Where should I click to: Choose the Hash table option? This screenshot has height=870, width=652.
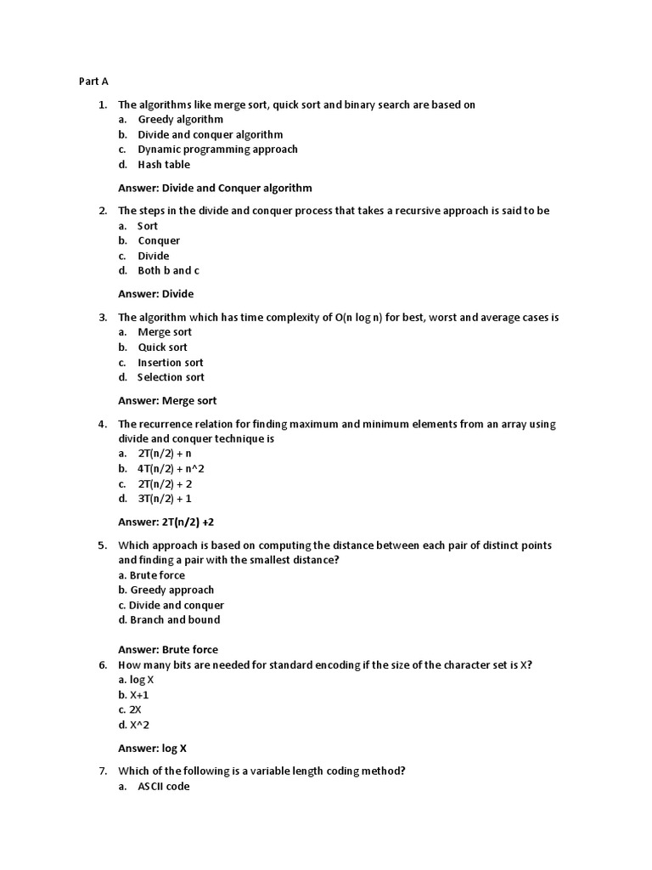click(164, 165)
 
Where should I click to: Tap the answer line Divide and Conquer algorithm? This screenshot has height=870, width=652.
click(215, 188)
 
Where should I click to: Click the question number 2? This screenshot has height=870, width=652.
click(102, 211)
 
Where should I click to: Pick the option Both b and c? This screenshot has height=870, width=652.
click(168, 271)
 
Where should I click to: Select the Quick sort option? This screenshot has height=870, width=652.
click(162, 347)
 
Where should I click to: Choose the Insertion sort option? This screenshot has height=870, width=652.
click(170, 363)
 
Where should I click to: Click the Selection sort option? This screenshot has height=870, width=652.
click(171, 377)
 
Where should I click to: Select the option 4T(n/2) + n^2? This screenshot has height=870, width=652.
click(171, 469)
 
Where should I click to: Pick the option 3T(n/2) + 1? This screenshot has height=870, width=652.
click(165, 499)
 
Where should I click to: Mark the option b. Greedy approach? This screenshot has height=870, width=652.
click(166, 590)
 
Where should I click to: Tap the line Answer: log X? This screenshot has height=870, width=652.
click(152, 749)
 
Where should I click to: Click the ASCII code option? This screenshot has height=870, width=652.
click(164, 787)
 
